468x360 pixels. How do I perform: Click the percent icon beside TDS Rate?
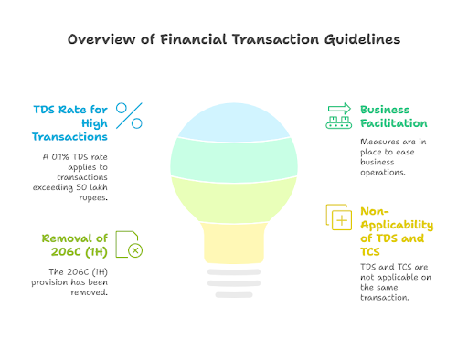131,115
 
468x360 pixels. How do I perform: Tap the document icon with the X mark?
128,246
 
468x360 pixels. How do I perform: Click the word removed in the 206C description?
90,294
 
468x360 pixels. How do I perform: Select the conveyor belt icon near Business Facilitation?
339,115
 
